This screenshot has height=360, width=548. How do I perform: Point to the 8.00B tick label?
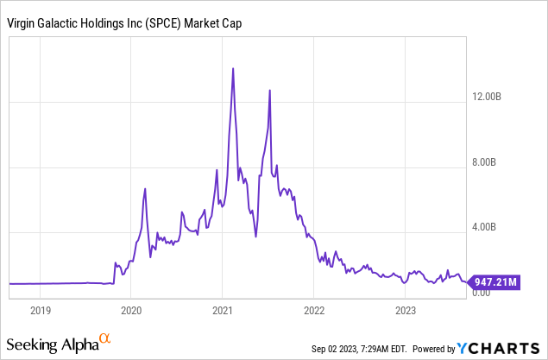coord(502,162)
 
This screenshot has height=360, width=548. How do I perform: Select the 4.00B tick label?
coord(502,228)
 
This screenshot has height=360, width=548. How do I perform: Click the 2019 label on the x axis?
coord(41,308)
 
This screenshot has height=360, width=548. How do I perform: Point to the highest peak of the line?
coord(233,68)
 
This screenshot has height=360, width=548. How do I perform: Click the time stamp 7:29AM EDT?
coord(391,349)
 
